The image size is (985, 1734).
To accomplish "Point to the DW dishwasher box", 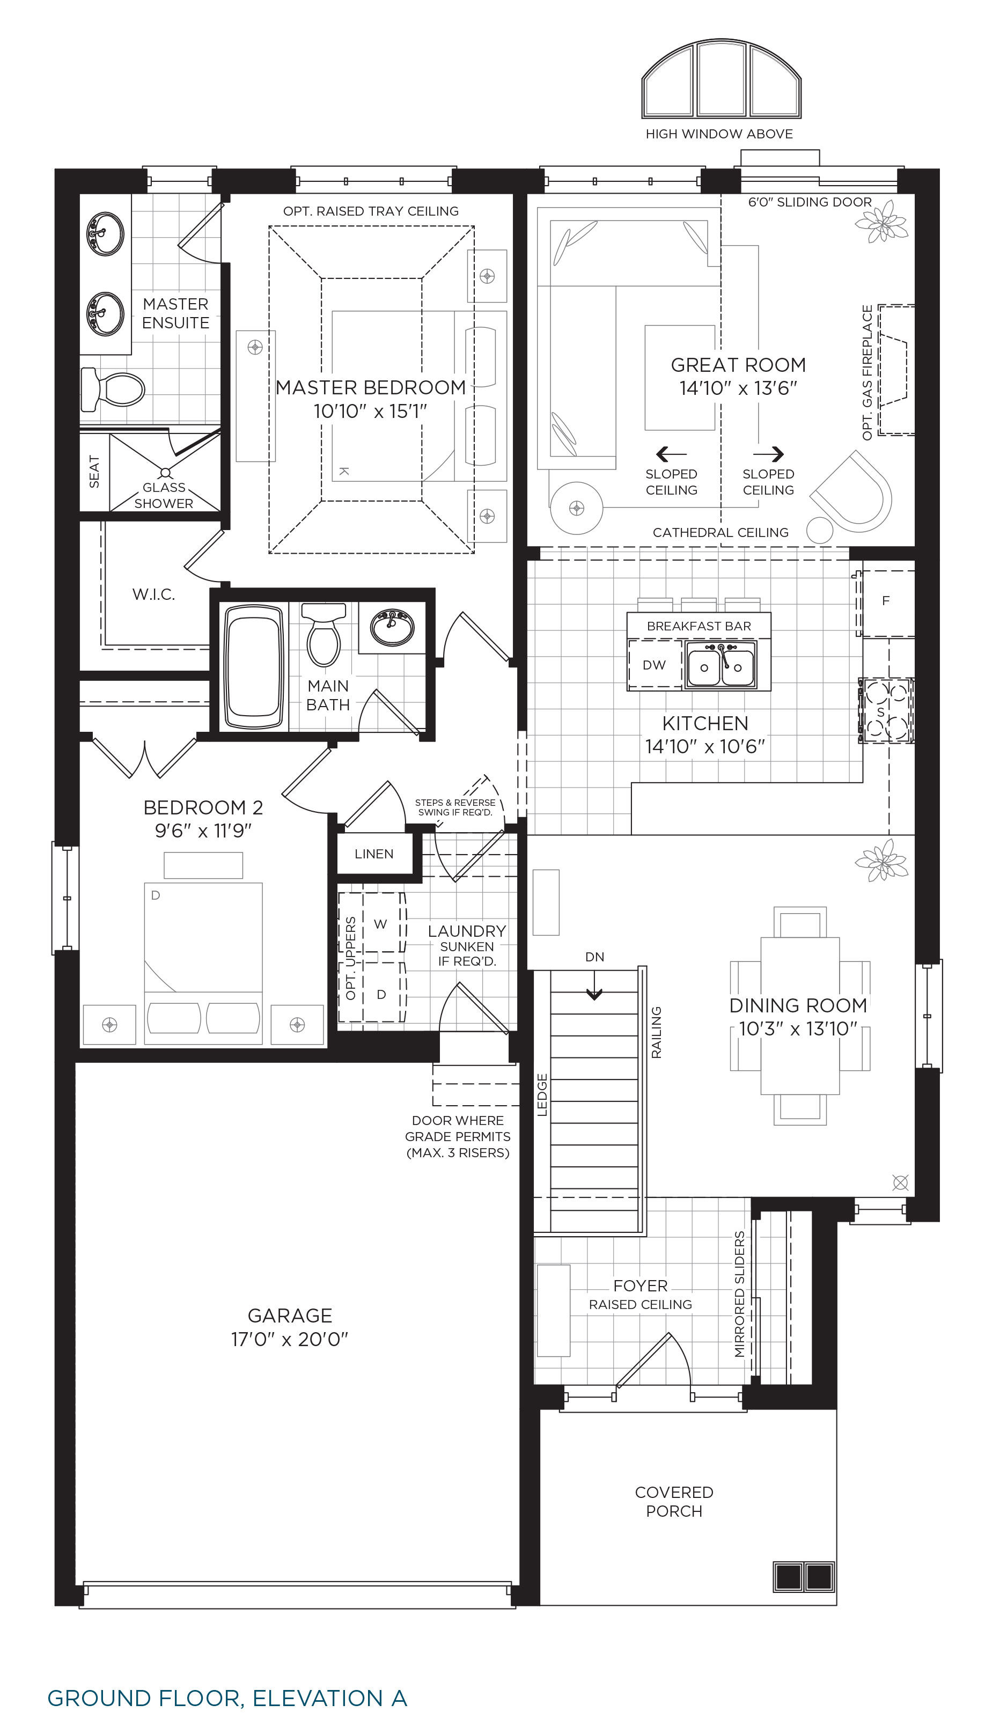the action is pyautogui.click(x=654, y=665).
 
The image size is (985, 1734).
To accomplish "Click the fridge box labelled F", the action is pyautogui.click(x=886, y=601).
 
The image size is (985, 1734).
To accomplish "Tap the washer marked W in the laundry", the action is pyautogui.click(x=380, y=923).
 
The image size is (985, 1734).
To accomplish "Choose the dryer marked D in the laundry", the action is pyautogui.click(x=381, y=993).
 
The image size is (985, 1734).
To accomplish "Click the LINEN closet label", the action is pyautogui.click(x=373, y=854).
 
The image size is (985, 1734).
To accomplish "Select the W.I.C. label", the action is pyautogui.click(x=153, y=594).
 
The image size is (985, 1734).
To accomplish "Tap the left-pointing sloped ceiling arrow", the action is pyautogui.click(x=671, y=453).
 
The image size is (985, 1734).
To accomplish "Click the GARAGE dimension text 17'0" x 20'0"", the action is pyautogui.click(x=290, y=1339).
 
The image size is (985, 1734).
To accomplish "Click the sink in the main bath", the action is pyautogui.click(x=392, y=628).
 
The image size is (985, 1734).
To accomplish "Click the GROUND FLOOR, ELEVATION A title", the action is pyautogui.click(x=227, y=1698).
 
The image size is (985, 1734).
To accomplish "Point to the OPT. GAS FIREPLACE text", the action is pyautogui.click(x=868, y=373).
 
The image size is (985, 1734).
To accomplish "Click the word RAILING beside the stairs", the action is pyautogui.click(x=656, y=1032).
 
